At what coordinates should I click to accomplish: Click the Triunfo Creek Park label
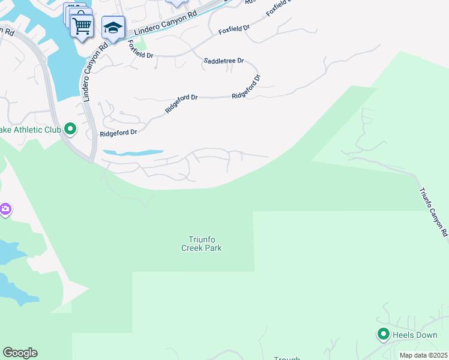pos(202,244)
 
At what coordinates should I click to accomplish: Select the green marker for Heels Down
pos(383,334)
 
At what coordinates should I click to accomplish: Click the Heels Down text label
pos(415,335)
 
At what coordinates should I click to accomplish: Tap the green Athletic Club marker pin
pos(70,128)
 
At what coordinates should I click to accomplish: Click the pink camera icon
pos(4,209)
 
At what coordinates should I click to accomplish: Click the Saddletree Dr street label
pos(224,61)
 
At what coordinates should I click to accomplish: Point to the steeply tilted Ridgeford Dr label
pos(247,87)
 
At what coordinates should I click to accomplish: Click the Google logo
pos(20,353)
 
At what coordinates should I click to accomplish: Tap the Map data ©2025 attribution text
pos(423,355)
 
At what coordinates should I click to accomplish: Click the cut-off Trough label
pos(287,358)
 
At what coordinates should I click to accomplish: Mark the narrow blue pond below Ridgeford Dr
pos(133,153)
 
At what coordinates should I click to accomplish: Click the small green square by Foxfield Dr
pos(143,44)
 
